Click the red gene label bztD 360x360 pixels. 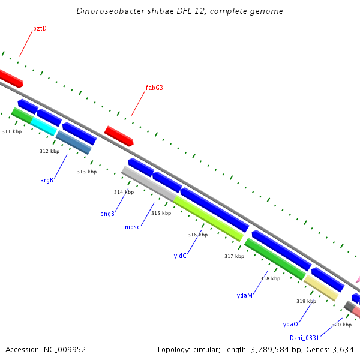[40, 28]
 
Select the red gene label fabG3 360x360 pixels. [154, 88]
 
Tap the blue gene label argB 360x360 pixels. [47, 180]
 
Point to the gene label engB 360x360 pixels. [107, 214]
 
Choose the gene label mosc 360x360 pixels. [132, 227]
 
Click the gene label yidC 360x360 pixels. [180, 256]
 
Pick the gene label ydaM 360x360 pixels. [244, 295]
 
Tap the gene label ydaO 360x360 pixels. [290, 324]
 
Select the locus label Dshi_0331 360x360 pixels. [304, 338]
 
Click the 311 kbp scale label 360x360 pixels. [11, 131]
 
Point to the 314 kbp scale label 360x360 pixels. [124, 192]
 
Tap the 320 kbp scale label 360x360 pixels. [341, 325]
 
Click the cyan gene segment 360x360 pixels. [43, 125]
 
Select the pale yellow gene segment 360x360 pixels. [321, 287]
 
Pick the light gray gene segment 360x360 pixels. [149, 185]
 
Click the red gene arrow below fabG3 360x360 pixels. [119, 136]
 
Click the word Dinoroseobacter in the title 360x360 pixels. [109, 11]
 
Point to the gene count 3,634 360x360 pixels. [343, 349]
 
